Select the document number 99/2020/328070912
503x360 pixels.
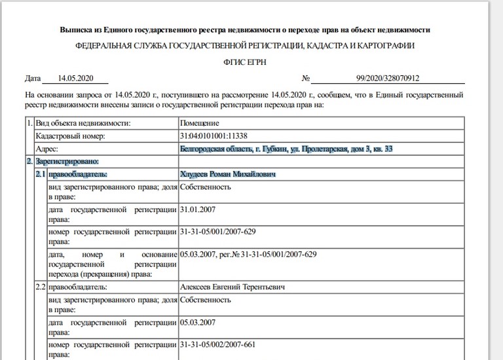[x=388, y=79]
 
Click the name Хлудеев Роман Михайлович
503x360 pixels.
[x=228, y=175]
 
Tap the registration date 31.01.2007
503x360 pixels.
[x=197, y=210]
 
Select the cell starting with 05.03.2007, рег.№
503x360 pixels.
[x=248, y=254]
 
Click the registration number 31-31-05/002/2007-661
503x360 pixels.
[x=216, y=344]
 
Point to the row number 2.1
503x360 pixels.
[x=41, y=175]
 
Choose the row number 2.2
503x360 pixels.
[x=41, y=287]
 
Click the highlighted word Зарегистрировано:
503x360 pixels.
[x=65, y=162]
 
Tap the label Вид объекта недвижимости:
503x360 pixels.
[x=83, y=123]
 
